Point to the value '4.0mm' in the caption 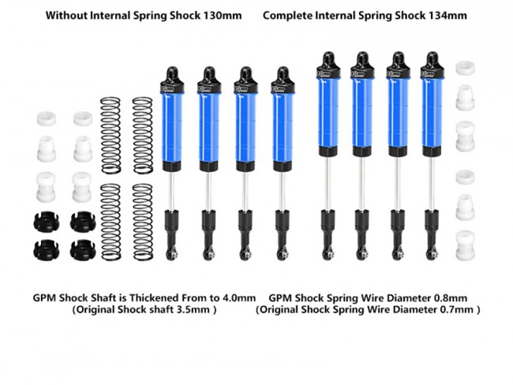tap(239, 298)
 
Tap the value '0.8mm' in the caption tap(451, 298)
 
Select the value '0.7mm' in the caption tap(457, 309)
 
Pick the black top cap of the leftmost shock tap(172, 80)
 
